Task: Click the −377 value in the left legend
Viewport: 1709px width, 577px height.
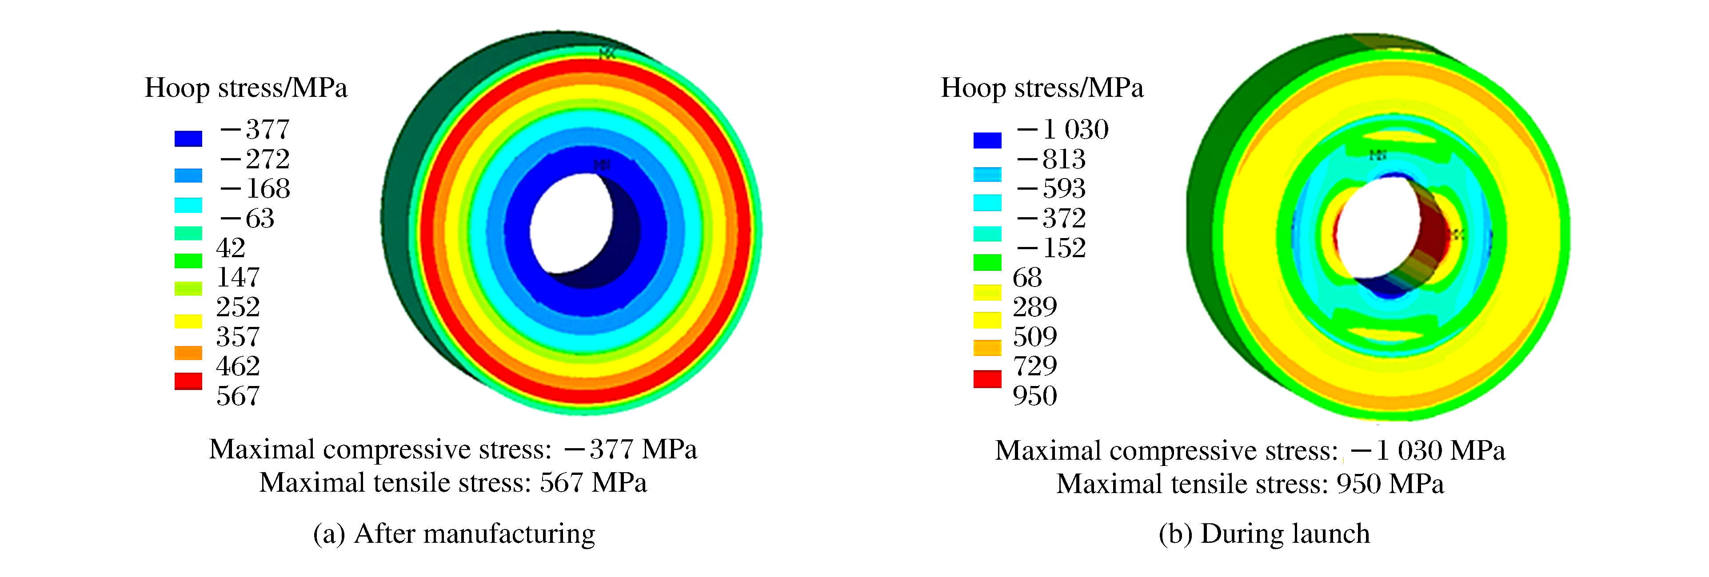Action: (x=255, y=129)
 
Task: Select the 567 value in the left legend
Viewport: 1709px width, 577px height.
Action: (x=237, y=396)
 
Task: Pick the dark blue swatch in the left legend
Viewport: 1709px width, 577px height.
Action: (x=188, y=138)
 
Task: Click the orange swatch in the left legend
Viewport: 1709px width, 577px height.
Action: (x=188, y=352)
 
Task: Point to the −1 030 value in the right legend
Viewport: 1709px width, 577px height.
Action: (x=1062, y=129)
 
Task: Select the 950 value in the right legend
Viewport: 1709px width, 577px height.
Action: (x=1034, y=396)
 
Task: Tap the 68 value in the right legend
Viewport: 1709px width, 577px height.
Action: (x=1027, y=277)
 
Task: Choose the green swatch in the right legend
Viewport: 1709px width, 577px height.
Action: (x=987, y=263)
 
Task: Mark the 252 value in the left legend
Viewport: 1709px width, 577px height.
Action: (x=237, y=307)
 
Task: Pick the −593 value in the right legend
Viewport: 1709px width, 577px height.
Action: (x=1051, y=188)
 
